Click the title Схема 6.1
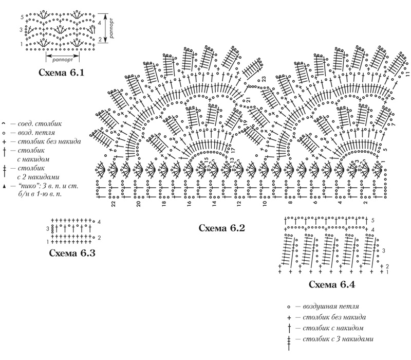(61, 72)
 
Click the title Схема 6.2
(222, 228)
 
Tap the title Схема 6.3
(72, 253)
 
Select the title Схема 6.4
(332, 284)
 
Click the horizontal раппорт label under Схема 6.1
(62, 60)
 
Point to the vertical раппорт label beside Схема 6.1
(112, 28)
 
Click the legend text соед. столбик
(40, 123)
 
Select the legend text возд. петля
(36, 133)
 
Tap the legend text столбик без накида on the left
(49, 141)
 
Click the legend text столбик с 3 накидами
(338, 339)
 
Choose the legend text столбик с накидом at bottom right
(333, 328)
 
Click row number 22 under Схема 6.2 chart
(113, 204)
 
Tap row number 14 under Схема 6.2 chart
(214, 204)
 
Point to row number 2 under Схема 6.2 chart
(365, 203)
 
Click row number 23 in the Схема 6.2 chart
(264, 79)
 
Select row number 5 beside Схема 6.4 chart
(373, 220)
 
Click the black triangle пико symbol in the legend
(4, 187)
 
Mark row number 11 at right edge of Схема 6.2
(407, 74)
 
